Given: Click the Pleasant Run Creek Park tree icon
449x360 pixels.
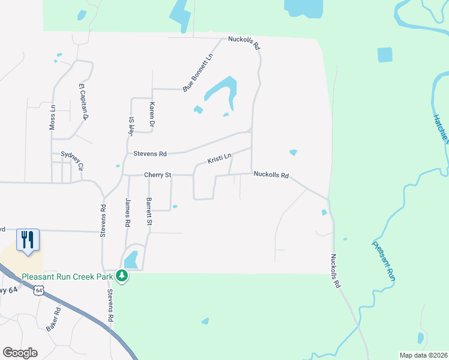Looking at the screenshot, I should (122, 276).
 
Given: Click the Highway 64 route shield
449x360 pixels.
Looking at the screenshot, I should (39, 290).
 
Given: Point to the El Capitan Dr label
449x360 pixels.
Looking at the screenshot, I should (83, 101).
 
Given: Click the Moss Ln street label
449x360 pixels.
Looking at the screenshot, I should (52, 118).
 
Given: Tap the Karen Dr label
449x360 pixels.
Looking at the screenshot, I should (152, 115).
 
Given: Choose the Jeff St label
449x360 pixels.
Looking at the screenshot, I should (130, 126).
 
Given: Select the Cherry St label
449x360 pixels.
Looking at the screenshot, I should (158, 175).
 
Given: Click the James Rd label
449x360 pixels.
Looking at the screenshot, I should (127, 212).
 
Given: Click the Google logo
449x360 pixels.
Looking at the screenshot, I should (20, 353).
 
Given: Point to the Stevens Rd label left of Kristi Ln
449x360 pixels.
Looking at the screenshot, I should (149, 154).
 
